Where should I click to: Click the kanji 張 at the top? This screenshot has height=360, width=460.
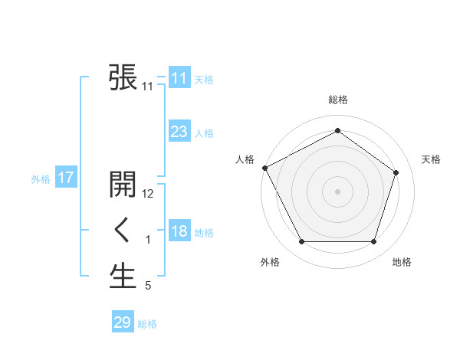click(x=123, y=77)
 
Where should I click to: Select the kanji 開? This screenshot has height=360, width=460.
click(x=123, y=185)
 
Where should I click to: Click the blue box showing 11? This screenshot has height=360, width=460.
click(x=179, y=78)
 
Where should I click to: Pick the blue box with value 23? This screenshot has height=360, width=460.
click(x=179, y=132)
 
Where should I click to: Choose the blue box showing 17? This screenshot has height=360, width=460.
click(x=65, y=178)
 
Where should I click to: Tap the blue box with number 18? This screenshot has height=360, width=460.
click(x=179, y=231)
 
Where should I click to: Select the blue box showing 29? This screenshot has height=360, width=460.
click(x=122, y=322)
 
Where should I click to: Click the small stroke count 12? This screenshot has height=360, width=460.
click(x=149, y=194)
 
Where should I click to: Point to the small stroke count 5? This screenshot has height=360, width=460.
click(x=148, y=286)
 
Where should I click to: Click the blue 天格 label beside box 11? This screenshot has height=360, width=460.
click(x=204, y=80)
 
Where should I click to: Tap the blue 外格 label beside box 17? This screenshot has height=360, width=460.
click(x=41, y=179)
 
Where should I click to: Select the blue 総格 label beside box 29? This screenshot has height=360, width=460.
click(x=147, y=324)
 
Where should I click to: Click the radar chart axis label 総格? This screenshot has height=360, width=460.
click(x=337, y=100)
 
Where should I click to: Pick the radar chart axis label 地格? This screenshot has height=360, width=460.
click(x=402, y=262)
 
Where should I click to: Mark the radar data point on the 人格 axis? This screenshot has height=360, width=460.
click(x=265, y=168)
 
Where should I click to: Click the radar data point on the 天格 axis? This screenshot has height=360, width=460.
click(x=396, y=172)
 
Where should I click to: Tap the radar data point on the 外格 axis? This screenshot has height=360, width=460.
click(x=301, y=242)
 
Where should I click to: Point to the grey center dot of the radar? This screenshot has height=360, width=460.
click(x=337, y=191)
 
